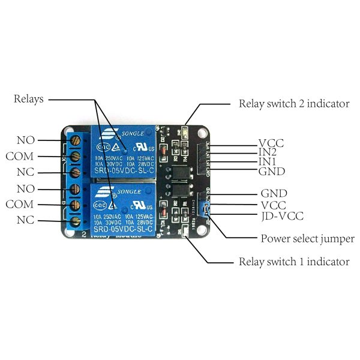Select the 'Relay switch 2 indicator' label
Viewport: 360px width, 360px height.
pos(293,103)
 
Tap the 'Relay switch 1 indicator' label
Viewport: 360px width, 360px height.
pos(293,262)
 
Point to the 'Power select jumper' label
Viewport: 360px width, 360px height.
pos(307,239)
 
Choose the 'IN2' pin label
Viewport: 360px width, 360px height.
pos(268,152)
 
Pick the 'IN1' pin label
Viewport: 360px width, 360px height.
pos(268,162)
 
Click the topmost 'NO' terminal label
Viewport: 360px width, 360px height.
pos(26,140)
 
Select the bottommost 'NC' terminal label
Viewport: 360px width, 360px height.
pos(25,220)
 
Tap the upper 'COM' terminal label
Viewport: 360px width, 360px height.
pos(20,156)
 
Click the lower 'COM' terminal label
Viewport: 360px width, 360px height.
pos(20,205)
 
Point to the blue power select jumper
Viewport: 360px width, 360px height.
pos(206,208)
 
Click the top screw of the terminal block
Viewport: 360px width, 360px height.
pos(76,140)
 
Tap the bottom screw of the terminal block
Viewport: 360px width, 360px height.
pos(76,221)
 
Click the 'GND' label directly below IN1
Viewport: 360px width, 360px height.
pos(271,172)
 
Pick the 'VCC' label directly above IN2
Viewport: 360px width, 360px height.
pos(271,143)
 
